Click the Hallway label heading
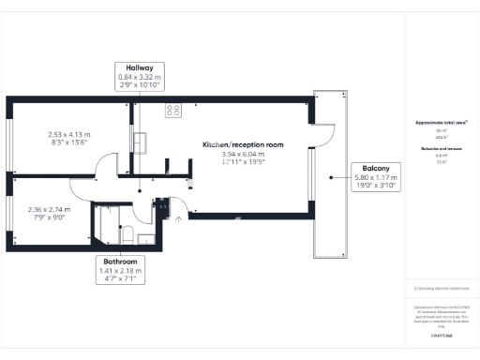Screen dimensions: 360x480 pyautogui.click(x=140, y=67)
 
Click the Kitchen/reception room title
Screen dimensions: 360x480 pyautogui.click(x=244, y=144)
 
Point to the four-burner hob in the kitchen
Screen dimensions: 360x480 pyautogui.click(x=173, y=110)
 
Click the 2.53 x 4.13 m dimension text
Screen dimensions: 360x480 pyautogui.click(x=67, y=134)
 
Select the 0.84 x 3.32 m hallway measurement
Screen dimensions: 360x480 pyautogui.click(x=140, y=77)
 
